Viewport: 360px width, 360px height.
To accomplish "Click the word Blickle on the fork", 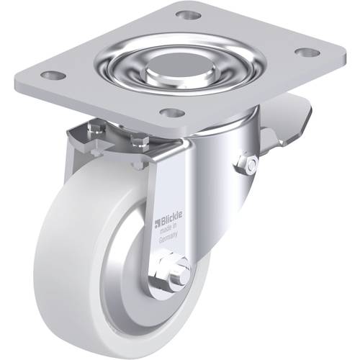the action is [x=171, y=219].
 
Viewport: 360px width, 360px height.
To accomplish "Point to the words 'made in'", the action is [x=168, y=229].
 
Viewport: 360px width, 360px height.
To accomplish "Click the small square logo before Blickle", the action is [x=157, y=223].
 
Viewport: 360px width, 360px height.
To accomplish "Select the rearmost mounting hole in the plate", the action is [x=189, y=15].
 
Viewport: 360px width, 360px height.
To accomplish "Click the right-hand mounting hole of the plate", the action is [x=307, y=53].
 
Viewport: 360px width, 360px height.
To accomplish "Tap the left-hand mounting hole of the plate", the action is [x=53, y=75].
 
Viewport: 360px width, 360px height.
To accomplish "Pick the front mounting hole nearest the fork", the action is [x=172, y=112].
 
